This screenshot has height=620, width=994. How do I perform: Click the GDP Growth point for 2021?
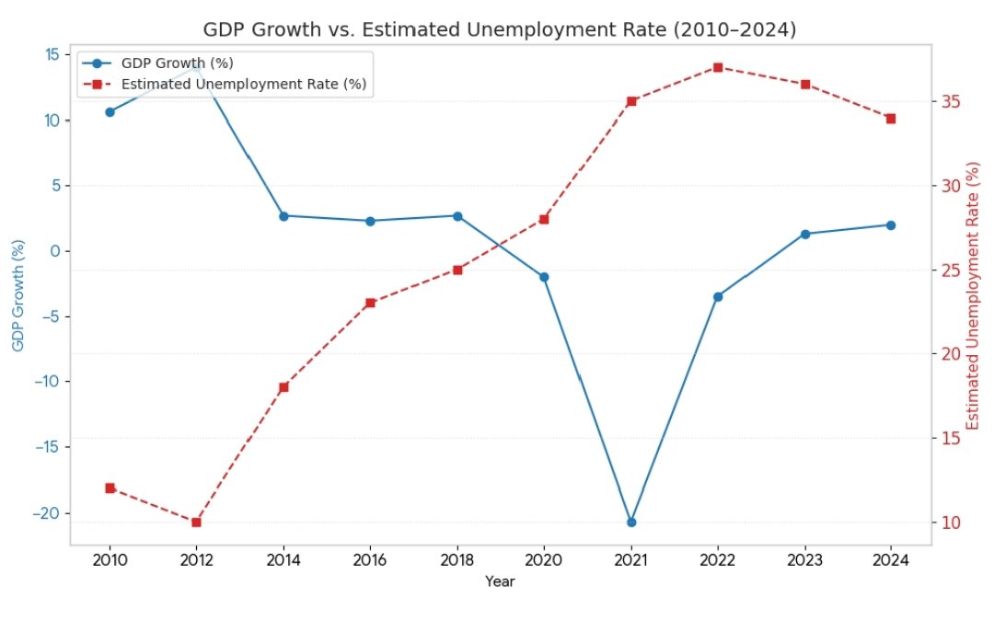[x=631, y=522]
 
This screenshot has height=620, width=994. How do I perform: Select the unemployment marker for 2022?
[x=718, y=67]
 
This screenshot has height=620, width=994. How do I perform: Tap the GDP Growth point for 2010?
[x=110, y=112]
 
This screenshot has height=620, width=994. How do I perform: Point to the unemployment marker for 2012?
[x=196, y=522]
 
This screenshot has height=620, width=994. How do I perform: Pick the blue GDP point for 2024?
[x=891, y=224]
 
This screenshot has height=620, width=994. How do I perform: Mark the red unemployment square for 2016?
[x=370, y=303]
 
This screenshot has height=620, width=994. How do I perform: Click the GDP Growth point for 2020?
[x=544, y=277]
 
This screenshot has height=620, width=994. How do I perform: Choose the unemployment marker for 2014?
[x=283, y=387]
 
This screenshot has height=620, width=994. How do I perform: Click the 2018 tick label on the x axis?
[x=457, y=559]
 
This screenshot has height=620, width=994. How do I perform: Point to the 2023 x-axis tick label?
[x=804, y=559]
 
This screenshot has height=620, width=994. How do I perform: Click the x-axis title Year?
[x=500, y=581]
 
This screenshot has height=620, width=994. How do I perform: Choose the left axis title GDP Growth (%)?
[x=17, y=296]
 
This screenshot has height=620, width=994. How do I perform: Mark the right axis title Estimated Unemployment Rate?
[x=975, y=296]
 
